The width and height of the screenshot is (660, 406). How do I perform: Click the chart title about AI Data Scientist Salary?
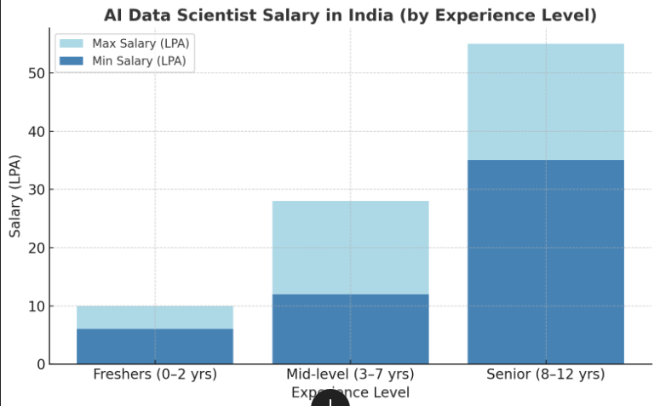point(350,15)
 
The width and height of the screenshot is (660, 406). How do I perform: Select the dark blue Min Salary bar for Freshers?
point(155,346)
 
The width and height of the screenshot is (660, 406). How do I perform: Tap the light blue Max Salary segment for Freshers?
point(155,317)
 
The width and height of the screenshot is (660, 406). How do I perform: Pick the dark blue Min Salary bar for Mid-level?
point(350,329)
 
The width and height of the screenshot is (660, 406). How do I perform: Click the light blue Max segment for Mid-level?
point(350,248)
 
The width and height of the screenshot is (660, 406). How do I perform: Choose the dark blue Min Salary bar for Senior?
point(545,261)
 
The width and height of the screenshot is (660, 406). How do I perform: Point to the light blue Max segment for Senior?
point(545,102)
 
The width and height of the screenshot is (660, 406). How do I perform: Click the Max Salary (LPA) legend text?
point(141,43)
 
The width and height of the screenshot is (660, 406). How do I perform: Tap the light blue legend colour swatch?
point(72,43)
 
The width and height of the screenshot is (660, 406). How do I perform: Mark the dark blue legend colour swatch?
point(72,60)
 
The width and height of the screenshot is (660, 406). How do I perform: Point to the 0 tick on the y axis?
point(39,364)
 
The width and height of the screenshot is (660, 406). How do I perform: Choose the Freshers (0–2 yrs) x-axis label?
point(155,375)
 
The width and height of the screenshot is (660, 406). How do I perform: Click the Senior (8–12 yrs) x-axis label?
point(545,375)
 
